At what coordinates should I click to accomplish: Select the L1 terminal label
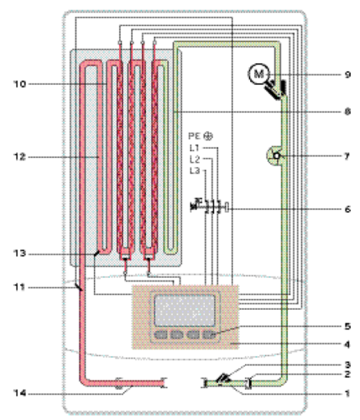coord(195,148)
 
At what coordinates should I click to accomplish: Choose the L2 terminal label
coord(195,160)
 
